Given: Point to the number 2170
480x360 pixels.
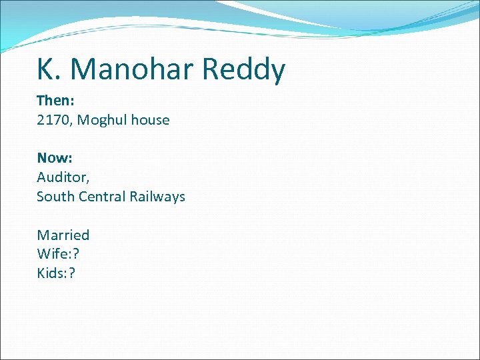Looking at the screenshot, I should pyautogui.click(x=52, y=120).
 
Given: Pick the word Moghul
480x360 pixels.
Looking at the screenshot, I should pyautogui.click(x=100, y=121).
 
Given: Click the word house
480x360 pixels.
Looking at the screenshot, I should pyautogui.click(x=150, y=120).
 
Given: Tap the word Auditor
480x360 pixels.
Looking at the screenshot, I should pyautogui.click(x=61, y=177).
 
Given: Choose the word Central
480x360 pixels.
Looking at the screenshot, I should pyautogui.click(x=101, y=197).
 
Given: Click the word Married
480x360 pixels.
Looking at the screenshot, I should pyautogui.click(x=63, y=235).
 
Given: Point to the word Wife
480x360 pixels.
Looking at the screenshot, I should pyautogui.click(x=51, y=254).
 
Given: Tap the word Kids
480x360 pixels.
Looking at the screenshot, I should pyautogui.click(x=51, y=273).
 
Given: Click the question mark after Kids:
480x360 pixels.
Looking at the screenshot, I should pyautogui.click(x=72, y=273).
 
